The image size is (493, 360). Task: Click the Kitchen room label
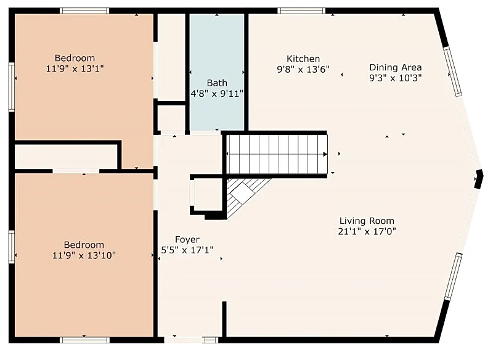[x=303, y=59]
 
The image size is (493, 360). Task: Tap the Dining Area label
[x=395, y=67]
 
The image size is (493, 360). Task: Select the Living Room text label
[x=367, y=221]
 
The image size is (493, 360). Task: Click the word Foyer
[x=187, y=240]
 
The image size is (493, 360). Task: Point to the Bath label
[x=217, y=83]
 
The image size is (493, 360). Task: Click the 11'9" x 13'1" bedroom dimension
[x=75, y=68]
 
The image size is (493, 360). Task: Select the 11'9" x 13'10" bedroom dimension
[x=84, y=255]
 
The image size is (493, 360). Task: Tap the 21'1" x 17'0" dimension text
[x=367, y=231]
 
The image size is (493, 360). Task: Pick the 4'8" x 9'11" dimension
[x=217, y=93]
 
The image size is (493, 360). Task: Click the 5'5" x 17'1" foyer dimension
[x=187, y=250]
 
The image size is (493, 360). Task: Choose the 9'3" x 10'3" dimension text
[x=395, y=78]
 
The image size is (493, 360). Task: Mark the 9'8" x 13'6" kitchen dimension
[x=303, y=69]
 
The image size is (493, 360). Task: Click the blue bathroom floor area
[x=217, y=72]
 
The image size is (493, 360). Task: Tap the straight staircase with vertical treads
[x=277, y=154]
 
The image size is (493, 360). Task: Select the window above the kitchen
[x=301, y=11]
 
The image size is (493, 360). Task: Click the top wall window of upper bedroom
[x=84, y=11]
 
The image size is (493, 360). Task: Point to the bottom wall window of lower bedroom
[x=84, y=340]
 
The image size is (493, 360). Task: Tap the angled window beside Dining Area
[x=453, y=72]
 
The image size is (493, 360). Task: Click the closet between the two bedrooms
[x=66, y=157]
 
